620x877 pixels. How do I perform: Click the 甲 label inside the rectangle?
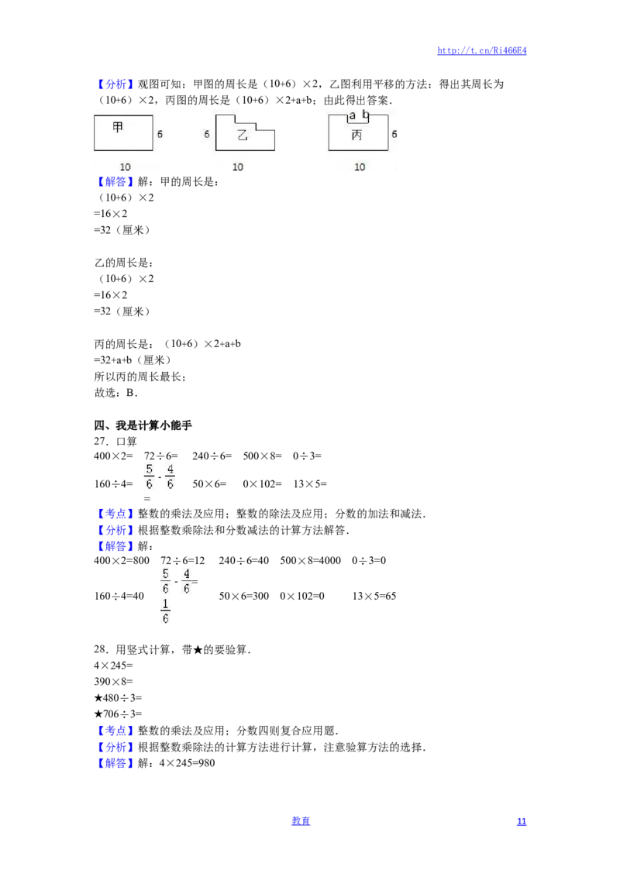(118, 127)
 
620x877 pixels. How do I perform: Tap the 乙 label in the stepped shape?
(243, 136)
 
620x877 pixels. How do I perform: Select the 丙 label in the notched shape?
(356, 136)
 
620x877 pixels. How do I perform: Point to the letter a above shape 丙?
(353, 115)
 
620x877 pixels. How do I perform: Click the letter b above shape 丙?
(366, 115)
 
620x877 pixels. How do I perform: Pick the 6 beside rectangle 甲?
(160, 134)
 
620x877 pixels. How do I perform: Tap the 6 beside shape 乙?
(207, 134)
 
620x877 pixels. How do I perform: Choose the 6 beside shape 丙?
(394, 134)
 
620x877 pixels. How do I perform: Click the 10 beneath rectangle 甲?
(125, 167)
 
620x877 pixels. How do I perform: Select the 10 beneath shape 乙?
(238, 167)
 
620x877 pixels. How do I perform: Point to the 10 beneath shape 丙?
(360, 167)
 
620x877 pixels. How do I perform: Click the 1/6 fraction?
(164, 610)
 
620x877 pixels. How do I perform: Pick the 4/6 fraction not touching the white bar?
(171, 476)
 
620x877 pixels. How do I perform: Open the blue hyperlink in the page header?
(482, 51)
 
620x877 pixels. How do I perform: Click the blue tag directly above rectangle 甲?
(115, 84)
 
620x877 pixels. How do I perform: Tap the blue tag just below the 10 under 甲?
(115, 183)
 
